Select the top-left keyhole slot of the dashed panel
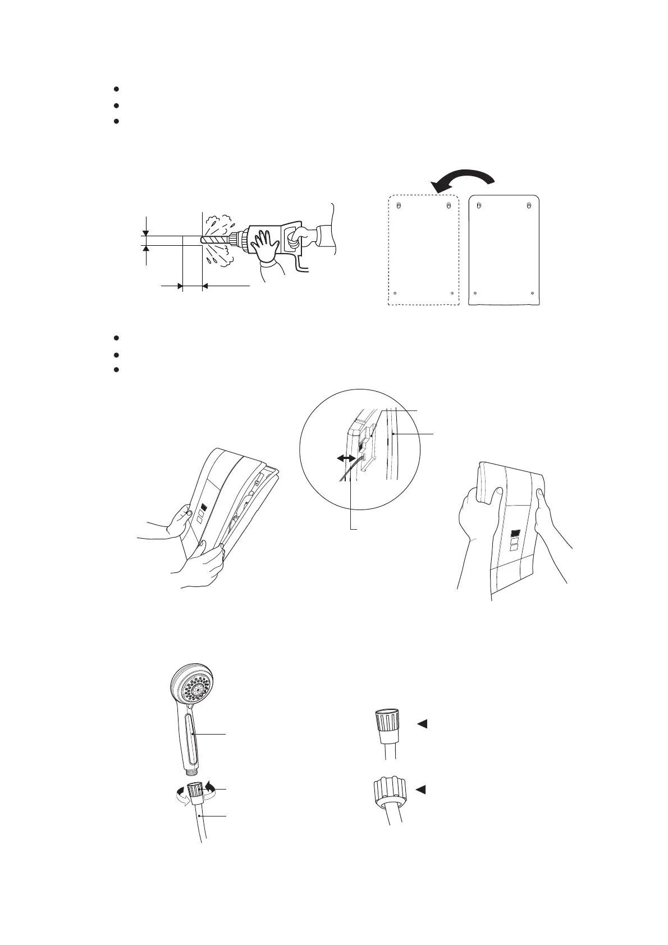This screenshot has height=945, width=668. coord(398,205)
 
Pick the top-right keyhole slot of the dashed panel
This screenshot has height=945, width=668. coord(448,205)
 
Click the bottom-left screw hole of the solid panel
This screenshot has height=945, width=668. coord(475,293)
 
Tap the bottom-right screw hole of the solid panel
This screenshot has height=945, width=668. coord(532,293)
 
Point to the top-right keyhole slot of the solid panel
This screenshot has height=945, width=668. coord(529,205)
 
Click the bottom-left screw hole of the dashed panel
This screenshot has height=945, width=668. coord(395,293)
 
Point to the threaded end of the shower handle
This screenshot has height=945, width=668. coord(194,775)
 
